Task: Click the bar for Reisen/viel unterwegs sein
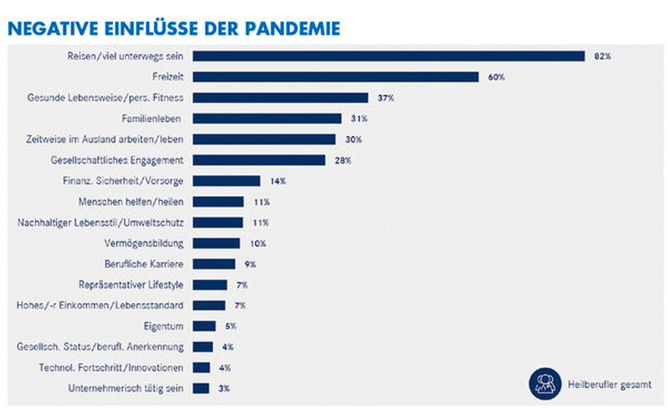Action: click(388, 56)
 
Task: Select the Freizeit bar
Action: click(335, 77)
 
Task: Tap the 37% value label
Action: click(386, 98)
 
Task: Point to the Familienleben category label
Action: click(152, 119)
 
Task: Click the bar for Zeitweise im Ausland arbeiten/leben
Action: click(264, 139)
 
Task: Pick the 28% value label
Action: click(343, 160)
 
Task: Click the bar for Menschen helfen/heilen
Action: click(218, 202)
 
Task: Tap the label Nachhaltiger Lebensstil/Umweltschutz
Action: click(100, 222)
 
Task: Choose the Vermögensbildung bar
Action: click(216, 243)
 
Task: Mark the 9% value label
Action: click(250, 264)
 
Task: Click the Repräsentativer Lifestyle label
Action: click(130, 285)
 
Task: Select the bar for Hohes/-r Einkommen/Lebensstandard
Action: click(209, 306)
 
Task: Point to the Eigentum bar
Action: click(204, 326)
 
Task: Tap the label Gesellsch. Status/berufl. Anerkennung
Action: click(100, 347)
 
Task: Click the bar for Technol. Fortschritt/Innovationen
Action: click(201, 367)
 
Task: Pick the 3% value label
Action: click(224, 388)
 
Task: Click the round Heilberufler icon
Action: click(545, 383)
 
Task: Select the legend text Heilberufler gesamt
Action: click(610, 384)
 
